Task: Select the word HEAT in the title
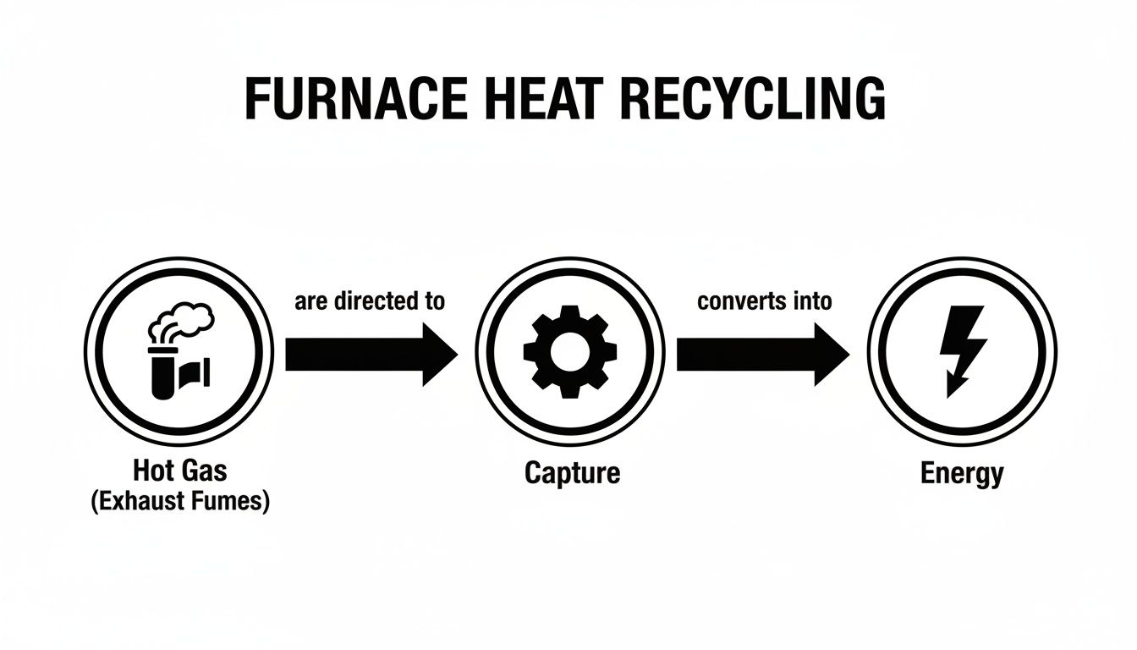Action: [x=545, y=100]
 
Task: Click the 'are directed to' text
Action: [x=370, y=301]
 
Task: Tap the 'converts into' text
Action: [x=764, y=301]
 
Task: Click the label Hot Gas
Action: [x=179, y=471]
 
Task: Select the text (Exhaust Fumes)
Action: [x=179, y=501]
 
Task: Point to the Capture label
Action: [x=572, y=472]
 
